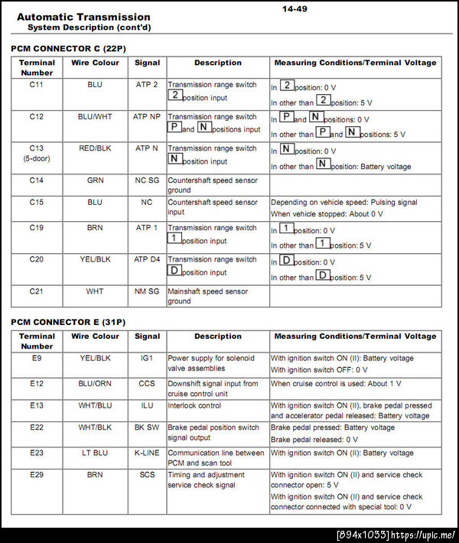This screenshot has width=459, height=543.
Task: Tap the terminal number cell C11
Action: [x=37, y=85]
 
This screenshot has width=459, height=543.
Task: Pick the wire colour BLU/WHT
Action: [x=95, y=117]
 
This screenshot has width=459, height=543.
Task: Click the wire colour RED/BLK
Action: [x=95, y=148]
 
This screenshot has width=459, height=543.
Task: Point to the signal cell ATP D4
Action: [x=147, y=259]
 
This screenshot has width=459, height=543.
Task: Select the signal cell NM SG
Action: [x=147, y=291]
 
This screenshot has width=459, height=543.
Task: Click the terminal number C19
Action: [x=37, y=228]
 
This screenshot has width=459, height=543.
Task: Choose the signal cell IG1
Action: [x=147, y=357]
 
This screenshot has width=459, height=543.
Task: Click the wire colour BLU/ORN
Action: [x=95, y=383]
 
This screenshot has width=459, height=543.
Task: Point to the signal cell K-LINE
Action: [x=147, y=453]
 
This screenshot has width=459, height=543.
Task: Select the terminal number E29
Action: [x=37, y=475]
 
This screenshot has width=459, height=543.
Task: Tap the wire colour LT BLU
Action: [x=95, y=453]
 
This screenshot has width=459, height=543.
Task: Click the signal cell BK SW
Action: [x=147, y=428]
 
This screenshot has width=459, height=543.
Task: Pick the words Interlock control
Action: [x=194, y=405]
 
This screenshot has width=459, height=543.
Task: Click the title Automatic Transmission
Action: [x=83, y=17]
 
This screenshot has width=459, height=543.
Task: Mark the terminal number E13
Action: [x=37, y=405]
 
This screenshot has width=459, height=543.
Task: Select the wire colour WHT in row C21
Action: [x=95, y=291]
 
